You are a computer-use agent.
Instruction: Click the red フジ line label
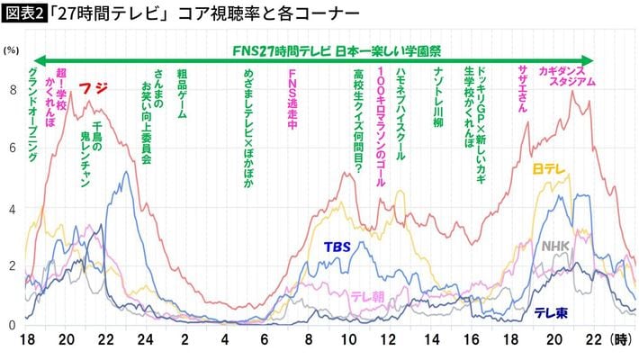pos(93,88)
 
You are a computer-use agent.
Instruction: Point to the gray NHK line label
pos(555,245)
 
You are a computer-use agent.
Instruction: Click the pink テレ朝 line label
pos(368,296)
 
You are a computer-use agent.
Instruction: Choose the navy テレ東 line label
pos(550,312)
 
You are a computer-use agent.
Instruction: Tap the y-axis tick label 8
pos(12,89)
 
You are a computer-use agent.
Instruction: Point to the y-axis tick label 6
pos(12,148)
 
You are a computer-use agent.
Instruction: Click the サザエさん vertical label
pos(523,88)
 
